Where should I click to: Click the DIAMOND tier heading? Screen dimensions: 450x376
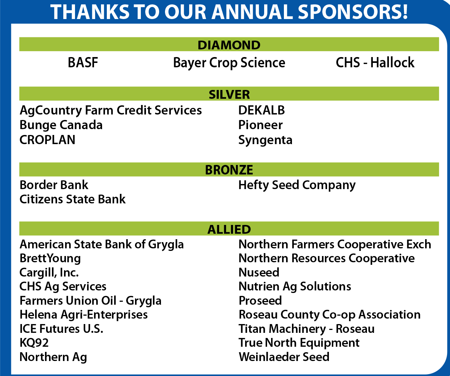[x=229, y=45]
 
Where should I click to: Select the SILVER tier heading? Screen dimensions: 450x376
[x=229, y=94]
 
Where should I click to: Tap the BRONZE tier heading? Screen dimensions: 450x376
[x=229, y=170]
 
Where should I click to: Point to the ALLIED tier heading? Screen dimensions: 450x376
[x=229, y=229]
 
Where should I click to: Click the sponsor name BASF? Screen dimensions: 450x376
[x=83, y=63]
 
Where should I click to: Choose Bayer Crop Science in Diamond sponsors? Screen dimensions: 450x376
[x=229, y=63]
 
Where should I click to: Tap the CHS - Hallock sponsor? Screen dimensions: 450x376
[x=375, y=63]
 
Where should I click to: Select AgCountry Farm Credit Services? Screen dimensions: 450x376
[x=110, y=110]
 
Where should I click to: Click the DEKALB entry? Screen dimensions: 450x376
[x=262, y=110]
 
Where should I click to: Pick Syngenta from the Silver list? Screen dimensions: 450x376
[x=265, y=140]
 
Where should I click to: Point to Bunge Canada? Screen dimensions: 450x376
[x=61, y=125]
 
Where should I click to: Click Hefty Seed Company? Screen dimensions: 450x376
[x=297, y=185]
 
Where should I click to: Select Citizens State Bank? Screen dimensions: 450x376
[x=72, y=199]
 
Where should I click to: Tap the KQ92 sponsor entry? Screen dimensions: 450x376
[x=34, y=343]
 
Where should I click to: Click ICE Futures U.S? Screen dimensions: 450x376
[x=61, y=328]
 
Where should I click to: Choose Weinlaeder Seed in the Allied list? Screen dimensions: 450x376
[x=284, y=357]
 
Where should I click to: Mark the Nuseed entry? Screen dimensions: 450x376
[x=259, y=272]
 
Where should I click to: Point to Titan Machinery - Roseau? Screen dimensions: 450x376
[x=307, y=329]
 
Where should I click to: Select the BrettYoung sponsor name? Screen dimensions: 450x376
[x=50, y=259]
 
